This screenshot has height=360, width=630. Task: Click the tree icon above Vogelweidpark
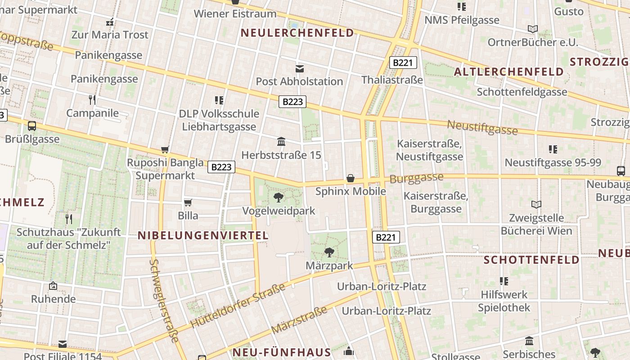279,197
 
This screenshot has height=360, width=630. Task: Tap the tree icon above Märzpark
329,252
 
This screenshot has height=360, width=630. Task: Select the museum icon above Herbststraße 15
281,142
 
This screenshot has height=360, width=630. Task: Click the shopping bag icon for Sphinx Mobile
351,178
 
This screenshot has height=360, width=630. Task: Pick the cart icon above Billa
188,202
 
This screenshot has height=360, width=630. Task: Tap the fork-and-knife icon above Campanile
92,99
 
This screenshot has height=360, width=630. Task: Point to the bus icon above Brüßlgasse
32,126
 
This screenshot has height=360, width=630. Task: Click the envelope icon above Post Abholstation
299,68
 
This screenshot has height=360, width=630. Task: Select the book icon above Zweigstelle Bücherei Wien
536,205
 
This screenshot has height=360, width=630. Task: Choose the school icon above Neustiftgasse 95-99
553,149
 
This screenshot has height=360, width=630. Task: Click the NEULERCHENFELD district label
297,33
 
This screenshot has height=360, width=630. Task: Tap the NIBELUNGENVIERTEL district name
203,235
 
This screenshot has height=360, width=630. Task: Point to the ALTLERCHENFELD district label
508,72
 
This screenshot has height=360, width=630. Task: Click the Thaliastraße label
392,80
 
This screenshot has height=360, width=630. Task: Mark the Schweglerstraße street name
163,301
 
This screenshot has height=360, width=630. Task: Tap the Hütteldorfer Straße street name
238,306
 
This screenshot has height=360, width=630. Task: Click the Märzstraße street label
299,320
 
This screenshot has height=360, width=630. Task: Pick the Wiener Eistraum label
235,13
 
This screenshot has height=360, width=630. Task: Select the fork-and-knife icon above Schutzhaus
69,219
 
